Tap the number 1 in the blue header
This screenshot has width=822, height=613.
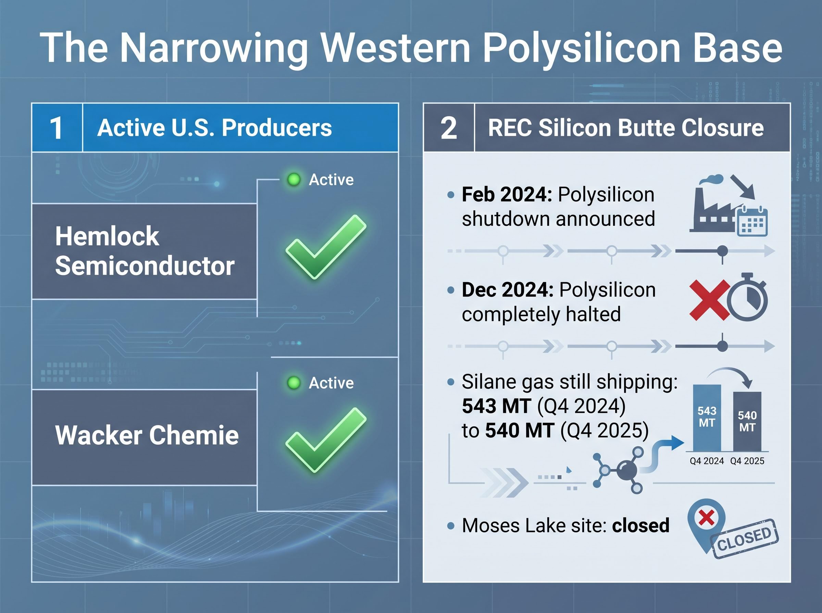(x=57, y=128)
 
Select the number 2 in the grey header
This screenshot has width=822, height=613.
(x=449, y=128)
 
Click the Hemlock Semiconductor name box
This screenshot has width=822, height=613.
(x=145, y=251)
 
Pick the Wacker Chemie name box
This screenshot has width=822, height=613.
(x=145, y=437)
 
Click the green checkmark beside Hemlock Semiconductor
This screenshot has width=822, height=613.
(x=326, y=246)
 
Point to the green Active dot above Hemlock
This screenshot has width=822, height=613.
(x=294, y=180)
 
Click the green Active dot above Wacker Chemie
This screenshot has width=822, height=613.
(x=294, y=382)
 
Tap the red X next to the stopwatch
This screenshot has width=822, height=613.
(x=709, y=300)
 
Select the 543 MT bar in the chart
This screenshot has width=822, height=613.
(x=707, y=418)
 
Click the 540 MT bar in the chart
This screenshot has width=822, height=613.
(x=747, y=421)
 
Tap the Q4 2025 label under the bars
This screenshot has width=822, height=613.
(x=747, y=461)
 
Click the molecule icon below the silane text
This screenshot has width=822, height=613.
(x=618, y=470)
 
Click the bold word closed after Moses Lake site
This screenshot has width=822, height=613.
(x=641, y=525)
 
